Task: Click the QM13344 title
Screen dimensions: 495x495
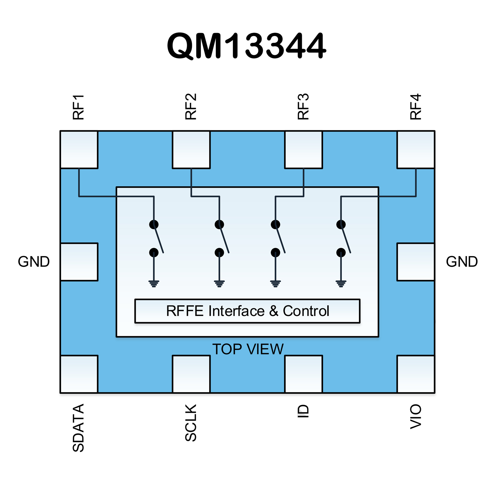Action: click(247, 46)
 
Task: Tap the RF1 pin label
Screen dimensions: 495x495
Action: click(78, 107)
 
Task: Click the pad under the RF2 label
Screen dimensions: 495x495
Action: click(191, 150)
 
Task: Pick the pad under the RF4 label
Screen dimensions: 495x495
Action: click(416, 150)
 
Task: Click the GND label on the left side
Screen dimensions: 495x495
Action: click(34, 262)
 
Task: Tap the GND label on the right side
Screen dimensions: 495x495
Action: click(462, 262)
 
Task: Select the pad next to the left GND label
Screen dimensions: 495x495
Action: click(79, 262)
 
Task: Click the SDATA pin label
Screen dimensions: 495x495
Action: click(78, 428)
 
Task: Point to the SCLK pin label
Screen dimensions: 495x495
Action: click(191, 422)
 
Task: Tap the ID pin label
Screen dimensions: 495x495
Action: click(303, 412)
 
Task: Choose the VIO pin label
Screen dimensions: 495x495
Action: click(416, 416)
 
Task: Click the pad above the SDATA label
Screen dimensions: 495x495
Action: click(79, 374)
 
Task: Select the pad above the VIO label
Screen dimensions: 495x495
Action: click(416, 374)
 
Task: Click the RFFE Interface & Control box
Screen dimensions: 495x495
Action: click(247, 311)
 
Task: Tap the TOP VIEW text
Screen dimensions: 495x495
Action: click(248, 349)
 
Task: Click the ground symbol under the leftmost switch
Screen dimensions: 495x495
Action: click(154, 283)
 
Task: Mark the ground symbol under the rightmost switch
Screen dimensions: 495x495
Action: click(341, 283)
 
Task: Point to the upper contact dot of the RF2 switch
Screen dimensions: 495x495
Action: click(219, 224)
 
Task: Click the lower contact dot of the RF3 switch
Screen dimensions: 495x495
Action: click(275, 252)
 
